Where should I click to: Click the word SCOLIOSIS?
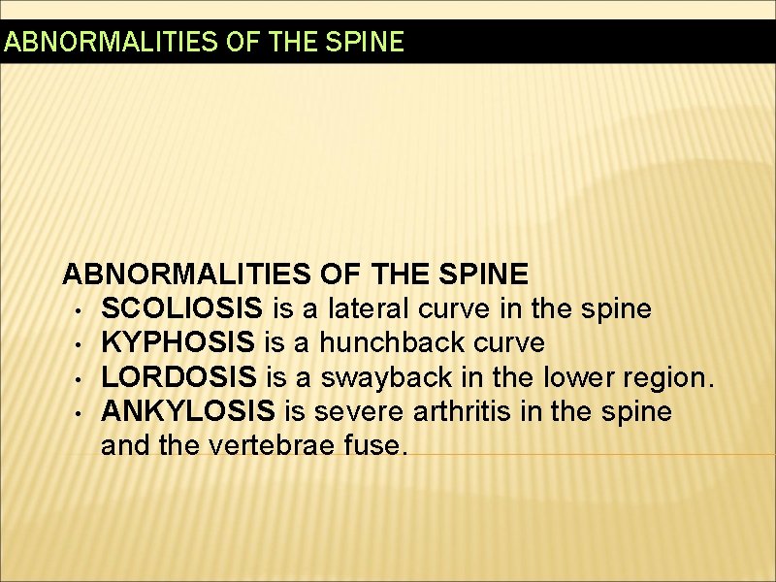(180, 308)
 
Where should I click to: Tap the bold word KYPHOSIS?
(178, 342)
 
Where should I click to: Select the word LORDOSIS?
(178, 376)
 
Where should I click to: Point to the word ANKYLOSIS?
(189, 411)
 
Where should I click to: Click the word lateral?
(360, 308)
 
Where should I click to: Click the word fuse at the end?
(380, 445)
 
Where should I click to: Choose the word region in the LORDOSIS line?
(666, 377)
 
